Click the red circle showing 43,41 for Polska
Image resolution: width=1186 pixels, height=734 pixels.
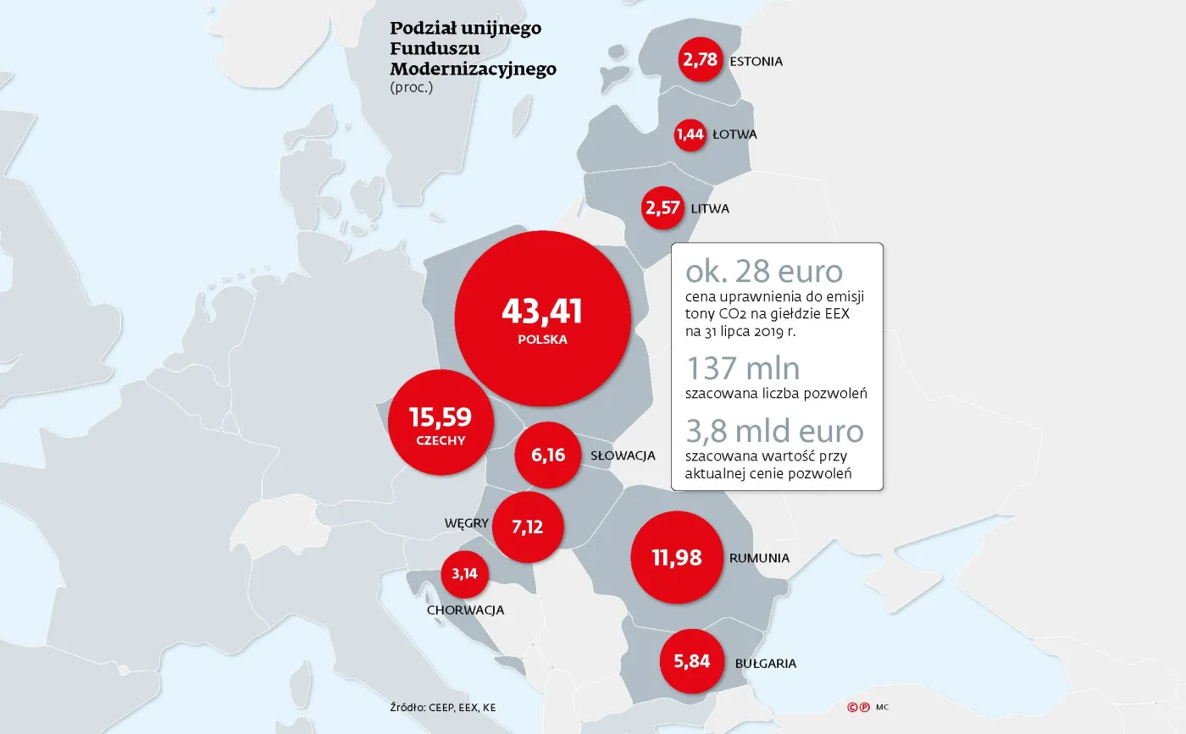click(x=543, y=317)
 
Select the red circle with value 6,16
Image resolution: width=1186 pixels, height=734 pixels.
click(x=548, y=455)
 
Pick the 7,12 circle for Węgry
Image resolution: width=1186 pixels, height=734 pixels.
click(x=527, y=527)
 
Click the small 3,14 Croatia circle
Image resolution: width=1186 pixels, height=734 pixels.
click(x=464, y=573)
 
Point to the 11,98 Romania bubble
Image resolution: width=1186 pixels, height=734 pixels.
click(x=677, y=558)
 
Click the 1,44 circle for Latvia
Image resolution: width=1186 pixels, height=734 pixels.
click(x=690, y=134)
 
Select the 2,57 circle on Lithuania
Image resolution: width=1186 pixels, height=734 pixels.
click(x=662, y=207)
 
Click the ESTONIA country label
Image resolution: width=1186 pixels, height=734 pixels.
click(x=756, y=61)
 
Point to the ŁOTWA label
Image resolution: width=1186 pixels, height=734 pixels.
click(x=734, y=134)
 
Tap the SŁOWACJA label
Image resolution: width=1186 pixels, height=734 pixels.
click(x=623, y=455)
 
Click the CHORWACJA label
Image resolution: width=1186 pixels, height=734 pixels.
click(x=466, y=610)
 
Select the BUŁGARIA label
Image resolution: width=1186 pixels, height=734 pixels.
click(x=766, y=663)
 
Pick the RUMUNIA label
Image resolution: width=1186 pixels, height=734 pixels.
click(x=759, y=558)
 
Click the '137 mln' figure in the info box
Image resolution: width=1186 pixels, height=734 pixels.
click(x=743, y=368)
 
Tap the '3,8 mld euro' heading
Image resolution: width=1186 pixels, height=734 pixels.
click(x=774, y=431)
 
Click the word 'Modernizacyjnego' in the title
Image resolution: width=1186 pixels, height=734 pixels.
click(x=473, y=69)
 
